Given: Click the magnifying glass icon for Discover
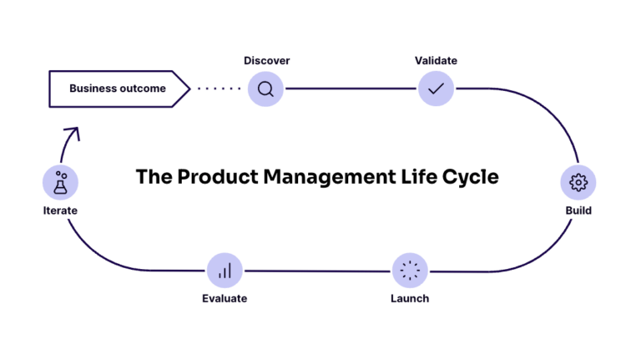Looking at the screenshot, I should [x=265, y=89].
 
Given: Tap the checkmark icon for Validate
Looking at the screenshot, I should [x=436, y=89].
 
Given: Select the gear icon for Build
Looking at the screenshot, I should [x=578, y=182].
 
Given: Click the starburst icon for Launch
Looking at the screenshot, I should [x=410, y=271].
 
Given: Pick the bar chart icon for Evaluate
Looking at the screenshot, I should [x=225, y=271].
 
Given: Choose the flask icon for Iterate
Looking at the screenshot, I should [x=60, y=182].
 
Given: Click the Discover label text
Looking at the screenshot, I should [x=266, y=61].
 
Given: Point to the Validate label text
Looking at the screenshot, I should [x=436, y=61].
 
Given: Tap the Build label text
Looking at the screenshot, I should [x=578, y=210].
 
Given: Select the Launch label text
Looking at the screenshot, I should [x=410, y=299].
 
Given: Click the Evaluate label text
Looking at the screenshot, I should [x=225, y=299].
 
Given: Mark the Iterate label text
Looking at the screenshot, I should [x=60, y=210].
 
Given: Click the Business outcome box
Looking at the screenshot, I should [x=117, y=89].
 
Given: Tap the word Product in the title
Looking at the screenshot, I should [x=215, y=178].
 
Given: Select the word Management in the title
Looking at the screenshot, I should [x=332, y=178].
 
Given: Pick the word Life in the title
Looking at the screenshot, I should [x=421, y=178].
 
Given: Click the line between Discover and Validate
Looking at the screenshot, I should [x=351, y=89].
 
